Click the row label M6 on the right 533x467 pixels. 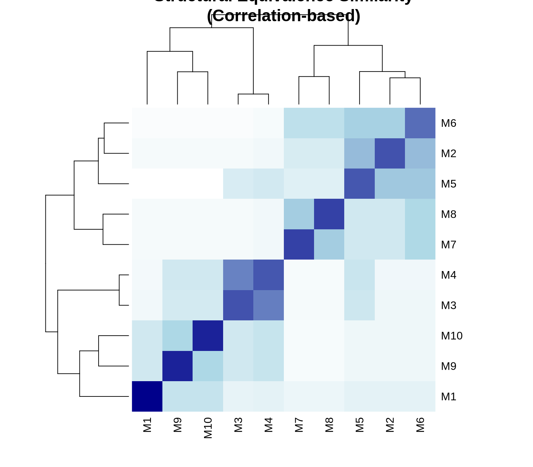[x=448, y=123]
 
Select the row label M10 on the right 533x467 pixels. [x=451, y=336]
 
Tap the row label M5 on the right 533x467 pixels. [x=448, y=184]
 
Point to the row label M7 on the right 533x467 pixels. [x=448, y=245]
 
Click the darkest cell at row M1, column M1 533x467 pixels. [x=147, y=396]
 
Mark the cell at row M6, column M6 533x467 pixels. [x=420, y=123]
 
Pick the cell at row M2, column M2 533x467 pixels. [x=390, y=153]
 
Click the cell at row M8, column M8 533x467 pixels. [x=329, y=214]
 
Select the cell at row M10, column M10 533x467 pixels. [x=208, y=336]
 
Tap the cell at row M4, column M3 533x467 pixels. [x=238, y=275]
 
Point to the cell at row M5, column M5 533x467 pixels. [x=359, y=184]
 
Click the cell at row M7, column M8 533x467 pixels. [x=329, y=245]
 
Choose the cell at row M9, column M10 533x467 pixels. [x=208, y=366]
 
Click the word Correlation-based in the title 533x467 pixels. [x=284, y=16]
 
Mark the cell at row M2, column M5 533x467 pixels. [x=359, y=153]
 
